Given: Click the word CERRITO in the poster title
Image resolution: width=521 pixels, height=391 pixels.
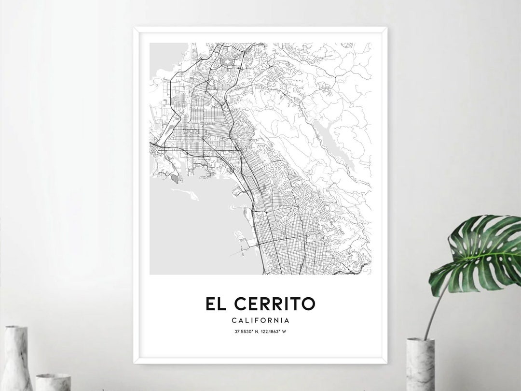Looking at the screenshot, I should (274, 304).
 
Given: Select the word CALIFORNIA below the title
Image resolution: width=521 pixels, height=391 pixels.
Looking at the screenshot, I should (260, 320).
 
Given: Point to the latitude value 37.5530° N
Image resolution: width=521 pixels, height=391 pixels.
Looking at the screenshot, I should (247, 332).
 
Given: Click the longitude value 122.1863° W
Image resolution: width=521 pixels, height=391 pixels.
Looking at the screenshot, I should (274, 332).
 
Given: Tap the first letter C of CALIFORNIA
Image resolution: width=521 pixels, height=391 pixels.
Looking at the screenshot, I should (233, 320).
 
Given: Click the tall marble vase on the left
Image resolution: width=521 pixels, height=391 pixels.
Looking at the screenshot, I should (17, 358).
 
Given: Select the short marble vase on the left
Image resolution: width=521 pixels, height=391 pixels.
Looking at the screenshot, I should (53, 382).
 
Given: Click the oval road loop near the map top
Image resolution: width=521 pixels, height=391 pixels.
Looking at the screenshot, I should (227, 62).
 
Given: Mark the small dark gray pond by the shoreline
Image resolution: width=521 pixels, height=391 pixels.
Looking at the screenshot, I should (174, 179).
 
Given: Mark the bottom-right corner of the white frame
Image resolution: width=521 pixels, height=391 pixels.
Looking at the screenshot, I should (386, 362).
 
